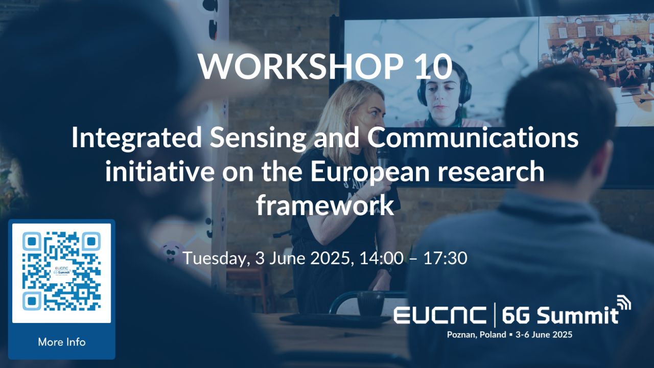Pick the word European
369,172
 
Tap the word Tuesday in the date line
217,259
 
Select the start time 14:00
381,258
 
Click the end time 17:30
446,258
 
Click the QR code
62,271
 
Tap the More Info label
62,342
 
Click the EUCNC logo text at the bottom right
440,315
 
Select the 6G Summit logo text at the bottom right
560,315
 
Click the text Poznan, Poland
477,335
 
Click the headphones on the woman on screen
444,87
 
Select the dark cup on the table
370,304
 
